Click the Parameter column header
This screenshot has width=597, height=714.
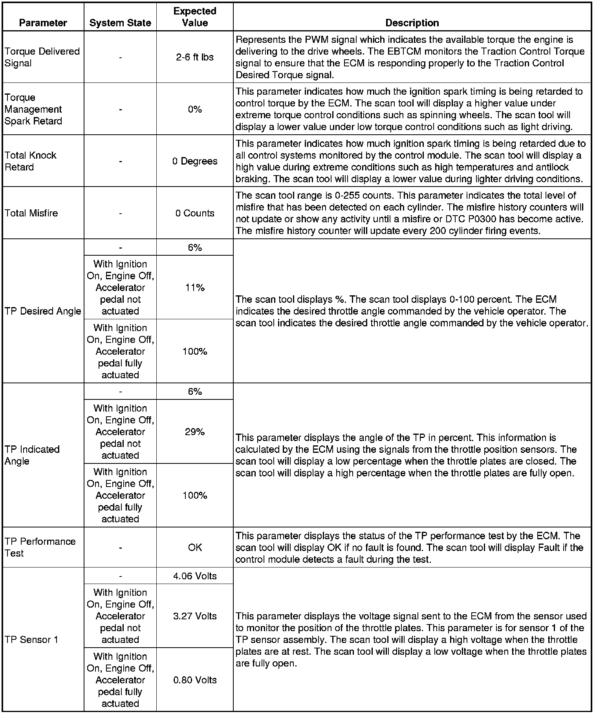tap(43, 23)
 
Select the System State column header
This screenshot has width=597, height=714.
tap(120, 23)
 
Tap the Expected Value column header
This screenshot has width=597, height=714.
tap(195, 17)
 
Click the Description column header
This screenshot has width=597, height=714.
tap(412, 23)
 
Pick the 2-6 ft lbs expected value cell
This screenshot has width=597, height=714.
tap(195, 57)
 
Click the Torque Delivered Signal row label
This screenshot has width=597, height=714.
tap(42, 57)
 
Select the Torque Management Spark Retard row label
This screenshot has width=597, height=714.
tap(33, 109)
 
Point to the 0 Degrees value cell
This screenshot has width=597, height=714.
tap(195, 161)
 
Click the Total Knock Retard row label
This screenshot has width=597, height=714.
tap(31, 161)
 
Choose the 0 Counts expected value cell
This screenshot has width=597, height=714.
tap(195, 213)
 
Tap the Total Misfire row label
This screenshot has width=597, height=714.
tap(31, 213)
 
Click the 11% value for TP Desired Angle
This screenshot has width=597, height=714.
tap(195, 287)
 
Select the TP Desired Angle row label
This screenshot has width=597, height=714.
tap(43, 311)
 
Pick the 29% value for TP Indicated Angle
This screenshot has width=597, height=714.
tap(195, 432)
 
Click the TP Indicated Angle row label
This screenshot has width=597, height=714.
tap(32, 455)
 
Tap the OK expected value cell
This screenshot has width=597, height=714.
tap(195, 547)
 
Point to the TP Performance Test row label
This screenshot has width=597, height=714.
tap(40, 547)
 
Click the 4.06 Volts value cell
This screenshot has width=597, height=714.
tap(195, 576)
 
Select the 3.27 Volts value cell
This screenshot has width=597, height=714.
tap(195, 616)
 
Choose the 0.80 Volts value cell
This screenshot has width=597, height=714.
tap(195, 680)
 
